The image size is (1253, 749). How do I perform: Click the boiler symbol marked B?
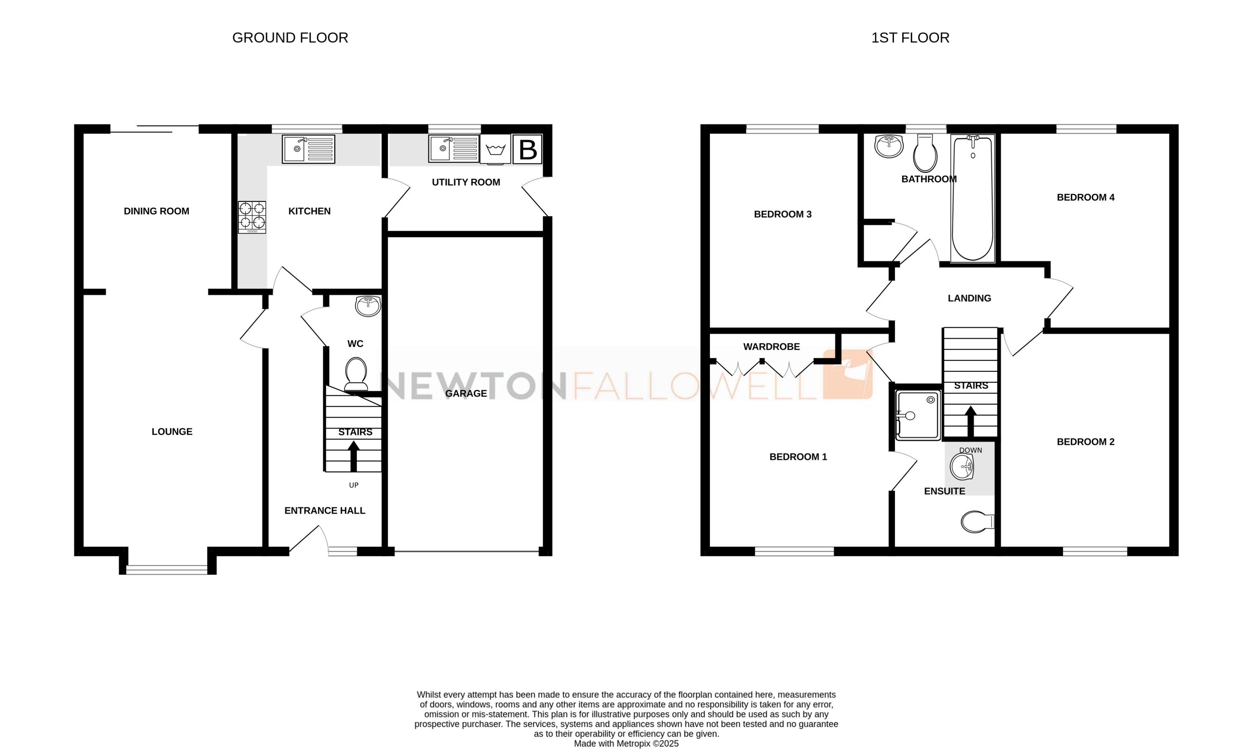click(527, 149)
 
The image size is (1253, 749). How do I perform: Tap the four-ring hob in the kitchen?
click(252, 217)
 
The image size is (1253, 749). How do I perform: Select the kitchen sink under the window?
click(308, 149)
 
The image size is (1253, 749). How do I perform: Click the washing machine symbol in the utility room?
click(495, 149)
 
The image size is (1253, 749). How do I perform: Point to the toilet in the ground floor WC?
click(356, 374)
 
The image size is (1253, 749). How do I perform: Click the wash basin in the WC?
click(368, 306)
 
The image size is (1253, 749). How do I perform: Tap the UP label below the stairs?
click(354, 485)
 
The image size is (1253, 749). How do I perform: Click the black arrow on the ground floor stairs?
click(353, 455)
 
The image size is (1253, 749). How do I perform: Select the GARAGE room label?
click(466, 393)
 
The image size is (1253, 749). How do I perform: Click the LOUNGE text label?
click(172, 431)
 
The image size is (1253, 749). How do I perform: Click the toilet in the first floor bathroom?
click(925, 154)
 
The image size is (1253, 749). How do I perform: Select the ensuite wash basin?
click(962, 467)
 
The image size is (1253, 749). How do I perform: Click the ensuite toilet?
click(977, 522)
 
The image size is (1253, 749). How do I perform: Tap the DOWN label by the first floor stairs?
click(971, 450)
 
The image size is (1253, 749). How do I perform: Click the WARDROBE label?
click(771, 347)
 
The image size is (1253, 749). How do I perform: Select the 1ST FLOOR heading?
click(910, 38)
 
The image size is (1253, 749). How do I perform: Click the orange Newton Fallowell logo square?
click(847, 374)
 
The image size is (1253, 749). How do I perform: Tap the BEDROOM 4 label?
click(1085, 197)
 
